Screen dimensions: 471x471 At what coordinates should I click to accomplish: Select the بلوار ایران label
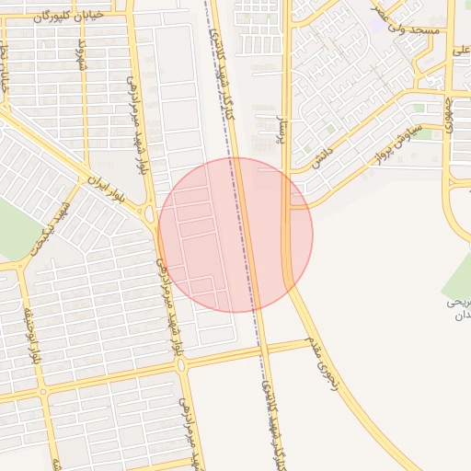point(104,189)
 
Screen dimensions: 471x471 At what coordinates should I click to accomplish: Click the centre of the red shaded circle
point(235,235)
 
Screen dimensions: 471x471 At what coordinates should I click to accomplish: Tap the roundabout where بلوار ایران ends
point(149,214)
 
